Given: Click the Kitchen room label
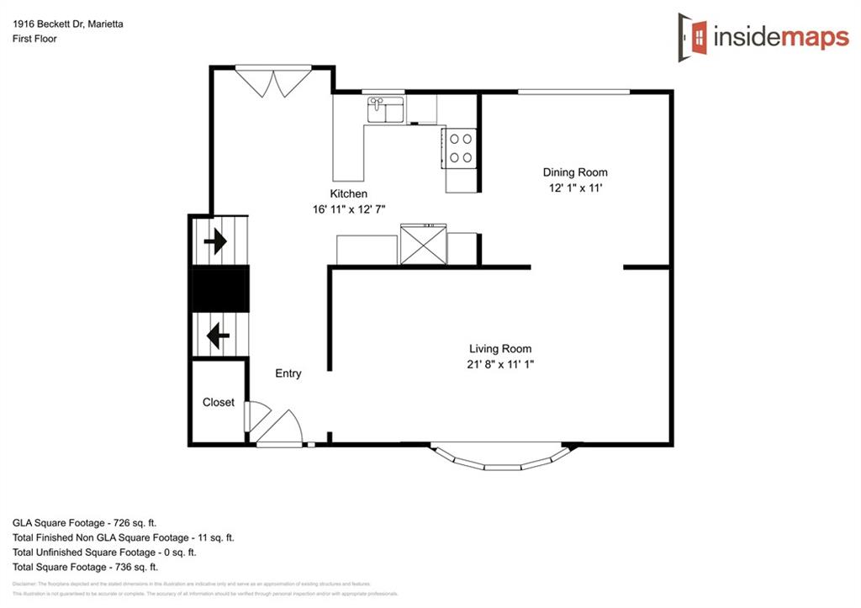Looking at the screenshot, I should (x=348, y=193).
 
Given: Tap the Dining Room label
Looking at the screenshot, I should (x=574, y=172).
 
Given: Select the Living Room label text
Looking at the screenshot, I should (x=500, y=348).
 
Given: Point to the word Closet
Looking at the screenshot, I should (x=219, y=402).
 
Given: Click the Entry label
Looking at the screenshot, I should (x=288, y=373).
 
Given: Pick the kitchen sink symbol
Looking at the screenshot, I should (x=386, y=109).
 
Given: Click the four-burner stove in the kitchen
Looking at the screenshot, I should (x=460, y=148).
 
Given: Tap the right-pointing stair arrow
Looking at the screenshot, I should (x=216, y=242).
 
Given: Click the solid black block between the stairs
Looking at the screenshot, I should (x=221, y=289).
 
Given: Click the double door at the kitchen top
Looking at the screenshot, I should (x=273, y=82).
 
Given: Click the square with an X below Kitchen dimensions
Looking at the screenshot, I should (x=423, y=245).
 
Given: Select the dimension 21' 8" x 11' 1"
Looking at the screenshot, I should (x=500, y=364).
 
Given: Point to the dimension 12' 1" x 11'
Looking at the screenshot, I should (x=574, y=188).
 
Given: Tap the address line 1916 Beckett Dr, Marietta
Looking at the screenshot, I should (x=67, y=24).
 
